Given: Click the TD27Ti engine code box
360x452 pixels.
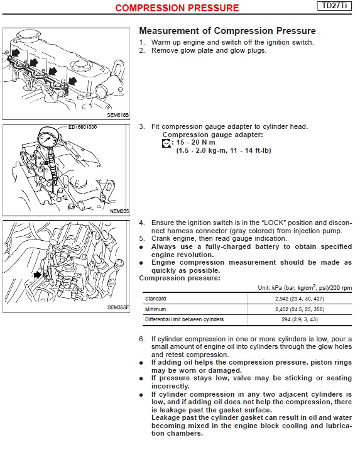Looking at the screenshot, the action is tap(334, 6).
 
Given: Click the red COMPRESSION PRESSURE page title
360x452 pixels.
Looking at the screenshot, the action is tap(177, 8).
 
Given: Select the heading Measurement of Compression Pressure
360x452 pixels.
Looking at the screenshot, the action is tap(227, 31).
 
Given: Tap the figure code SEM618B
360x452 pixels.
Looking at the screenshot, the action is tap(117, 115).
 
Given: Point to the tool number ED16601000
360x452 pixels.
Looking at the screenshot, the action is tap(83, 127).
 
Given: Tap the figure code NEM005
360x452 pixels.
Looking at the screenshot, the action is tap(119, 211).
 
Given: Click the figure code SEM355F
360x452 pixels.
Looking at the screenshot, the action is tap(118, 307).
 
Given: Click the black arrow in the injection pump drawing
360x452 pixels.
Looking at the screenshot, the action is tap(38, 275).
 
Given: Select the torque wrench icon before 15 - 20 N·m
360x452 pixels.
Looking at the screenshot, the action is tap(166, 143).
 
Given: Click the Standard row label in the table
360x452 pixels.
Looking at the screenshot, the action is tap(156, 299).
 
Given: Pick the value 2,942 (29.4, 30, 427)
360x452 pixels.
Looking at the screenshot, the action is tap(300, 299).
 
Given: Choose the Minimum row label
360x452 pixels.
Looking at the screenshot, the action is tap(156, 309).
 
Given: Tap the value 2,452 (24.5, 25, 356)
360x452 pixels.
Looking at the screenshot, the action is tap(300, 309).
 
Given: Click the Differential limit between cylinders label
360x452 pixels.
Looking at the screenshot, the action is tap(184, 319).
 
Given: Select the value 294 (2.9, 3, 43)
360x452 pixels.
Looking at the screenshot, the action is tap(300, 319).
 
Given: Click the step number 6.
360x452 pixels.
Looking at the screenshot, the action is tap(142, 339).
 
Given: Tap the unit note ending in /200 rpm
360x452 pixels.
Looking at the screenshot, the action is tap(305, 287).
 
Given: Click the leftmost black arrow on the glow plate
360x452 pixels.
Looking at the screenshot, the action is tap(15, 53).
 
